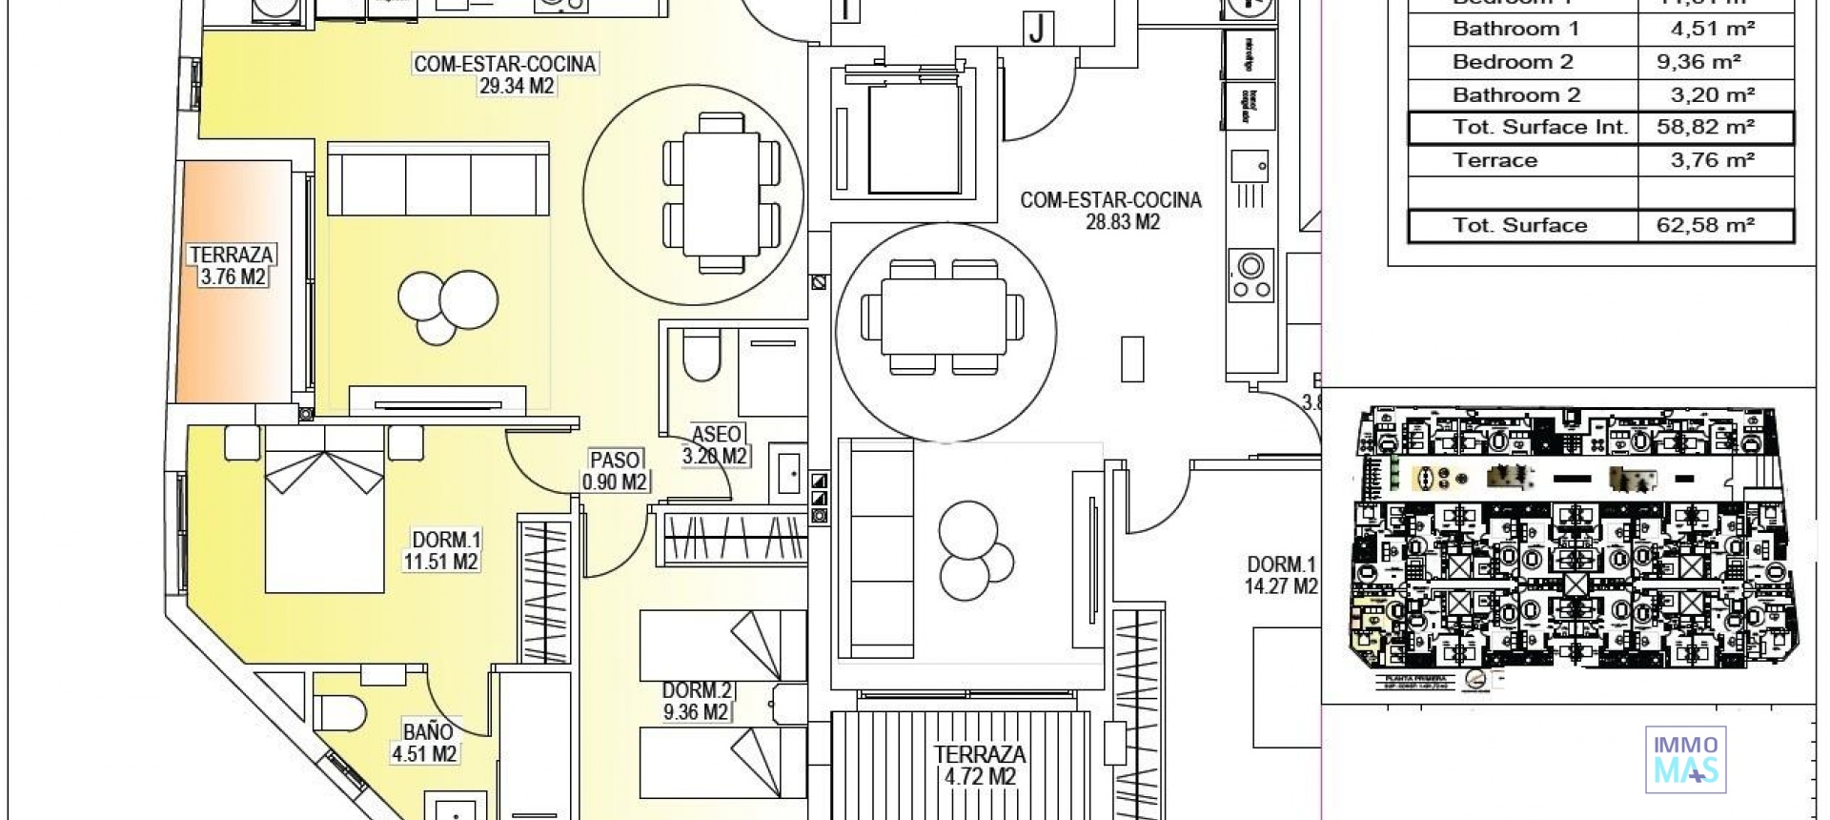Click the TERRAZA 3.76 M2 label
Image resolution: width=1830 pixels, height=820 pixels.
coord(233,266)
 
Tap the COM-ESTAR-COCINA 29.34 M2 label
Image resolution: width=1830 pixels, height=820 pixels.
coord(504,74)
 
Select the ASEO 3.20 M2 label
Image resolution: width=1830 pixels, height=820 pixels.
coord(716,445)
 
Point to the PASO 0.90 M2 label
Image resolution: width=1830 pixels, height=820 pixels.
coord(615,471)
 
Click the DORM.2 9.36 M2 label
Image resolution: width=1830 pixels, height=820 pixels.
coord(696,701)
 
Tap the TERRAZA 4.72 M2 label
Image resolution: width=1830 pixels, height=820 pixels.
coord(980,765)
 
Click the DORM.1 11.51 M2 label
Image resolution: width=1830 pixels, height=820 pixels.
coord(440,550)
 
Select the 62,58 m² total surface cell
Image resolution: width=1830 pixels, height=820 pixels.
coord(1712,226)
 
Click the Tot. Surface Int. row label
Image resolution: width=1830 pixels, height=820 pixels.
coord(1539,127)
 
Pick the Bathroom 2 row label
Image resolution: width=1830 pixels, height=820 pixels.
coord(1515,94)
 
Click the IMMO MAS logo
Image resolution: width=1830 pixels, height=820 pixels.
coord(1685,760)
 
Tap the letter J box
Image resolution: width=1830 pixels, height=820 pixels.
coord(1037,30)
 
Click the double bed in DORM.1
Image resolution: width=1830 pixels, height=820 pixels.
coord(324,510)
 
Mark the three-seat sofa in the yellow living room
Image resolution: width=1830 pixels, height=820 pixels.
coord(437,178)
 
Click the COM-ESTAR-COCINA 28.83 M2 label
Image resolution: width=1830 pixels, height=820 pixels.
coord(1110,211)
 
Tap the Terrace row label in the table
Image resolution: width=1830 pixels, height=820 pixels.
coord(1494,160)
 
